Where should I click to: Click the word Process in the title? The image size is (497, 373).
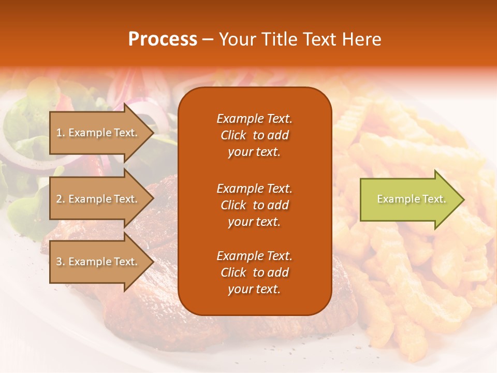click(163, 39)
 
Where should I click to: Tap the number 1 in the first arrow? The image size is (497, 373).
click(60, 133)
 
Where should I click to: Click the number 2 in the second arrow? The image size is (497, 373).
click(60, 199)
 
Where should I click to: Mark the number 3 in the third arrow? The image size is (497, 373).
click(60, 262)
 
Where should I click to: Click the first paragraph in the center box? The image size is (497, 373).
click(254, 135)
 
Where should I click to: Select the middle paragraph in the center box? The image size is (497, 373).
click(254, 205)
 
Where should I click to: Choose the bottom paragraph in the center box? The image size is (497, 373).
click(254, 272)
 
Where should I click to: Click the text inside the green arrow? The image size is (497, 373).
click(411, 199)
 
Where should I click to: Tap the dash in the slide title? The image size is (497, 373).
click(208, 40)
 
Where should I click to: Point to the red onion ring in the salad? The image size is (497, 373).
click(150, 117)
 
